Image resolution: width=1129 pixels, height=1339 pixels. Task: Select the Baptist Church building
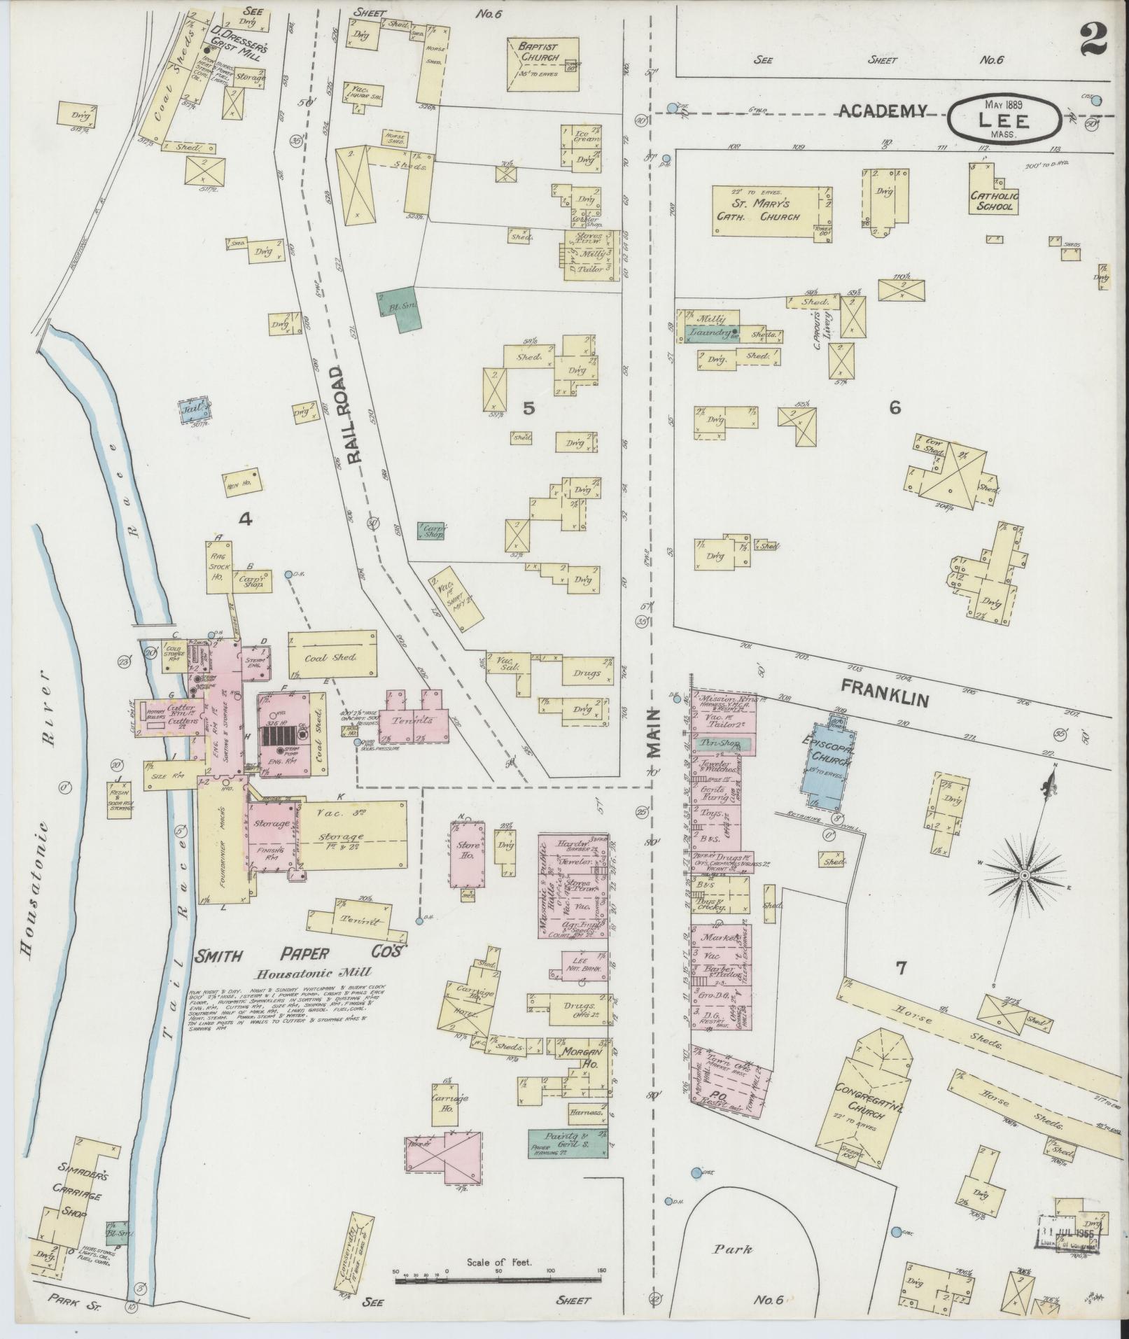click(542, 64)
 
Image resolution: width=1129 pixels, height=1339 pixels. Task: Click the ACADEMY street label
click(883, 110)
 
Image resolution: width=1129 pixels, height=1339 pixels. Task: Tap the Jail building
click(194, 407)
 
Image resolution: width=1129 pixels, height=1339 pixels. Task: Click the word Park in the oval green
click(733, 1248)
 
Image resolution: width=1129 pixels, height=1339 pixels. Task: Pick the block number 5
click(528, 407)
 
